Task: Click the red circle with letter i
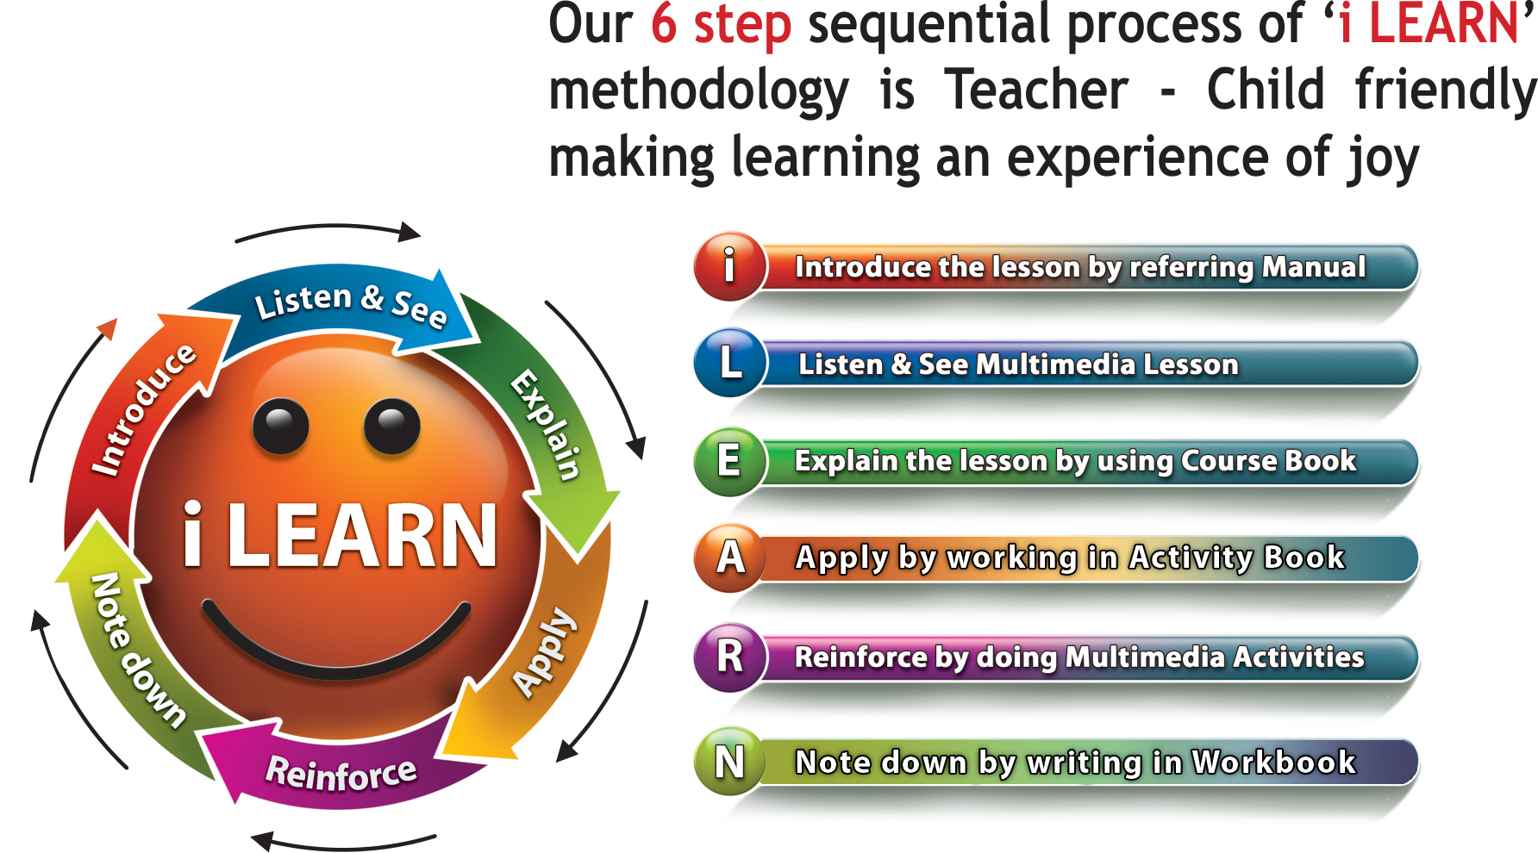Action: coord(730,266)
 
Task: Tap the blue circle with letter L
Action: coord(730,363)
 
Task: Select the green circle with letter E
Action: coord(730,461)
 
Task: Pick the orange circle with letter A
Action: coord(730,557)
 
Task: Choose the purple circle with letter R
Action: coord(730,657)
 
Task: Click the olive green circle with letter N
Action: coord(730,762)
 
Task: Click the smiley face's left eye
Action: coord(280,426)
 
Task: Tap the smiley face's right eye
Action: coord(392,426)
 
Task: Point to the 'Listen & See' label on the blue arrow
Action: coord(351,304)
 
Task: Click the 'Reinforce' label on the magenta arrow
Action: coord(341,773)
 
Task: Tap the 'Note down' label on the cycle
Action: coord(138,651)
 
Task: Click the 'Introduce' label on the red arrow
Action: coord(144,409)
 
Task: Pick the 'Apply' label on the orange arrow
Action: coord(544,651)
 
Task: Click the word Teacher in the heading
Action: coord(1036,90)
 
